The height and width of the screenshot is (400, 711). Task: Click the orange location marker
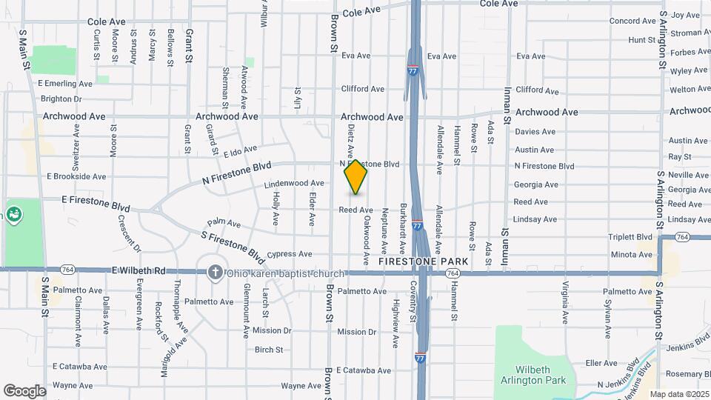[x=356, y=177]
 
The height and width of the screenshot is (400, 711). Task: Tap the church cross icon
[x=216, y=272]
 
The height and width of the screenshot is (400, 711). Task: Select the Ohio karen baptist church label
[x=285, y=273]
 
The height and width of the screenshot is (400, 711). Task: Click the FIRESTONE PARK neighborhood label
[x=423, y=261]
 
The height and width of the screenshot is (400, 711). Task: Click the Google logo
[x=24, y=390]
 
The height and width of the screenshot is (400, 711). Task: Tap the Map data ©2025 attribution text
[x=679, y=394]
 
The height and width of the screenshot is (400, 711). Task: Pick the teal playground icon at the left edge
[x=14, y=215]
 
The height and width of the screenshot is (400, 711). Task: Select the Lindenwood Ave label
[x=294, y=183]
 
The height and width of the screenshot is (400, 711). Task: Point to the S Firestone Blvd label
[x=233, y=247]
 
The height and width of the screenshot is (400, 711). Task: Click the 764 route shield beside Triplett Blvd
[x=683, y=237]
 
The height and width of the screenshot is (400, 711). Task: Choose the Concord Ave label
[x=632, y=21]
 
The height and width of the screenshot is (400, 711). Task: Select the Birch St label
[x=269, y=350]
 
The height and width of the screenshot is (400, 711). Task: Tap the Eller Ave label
[x=601, y=363]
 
